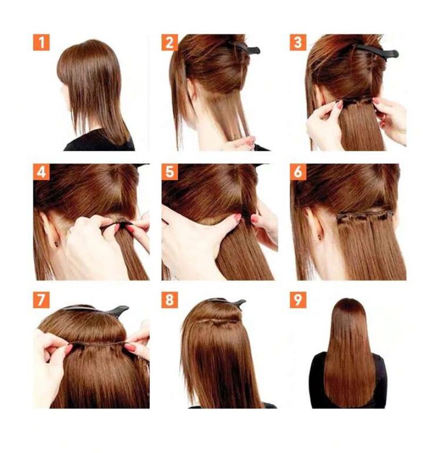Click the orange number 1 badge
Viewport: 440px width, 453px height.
point(41,43)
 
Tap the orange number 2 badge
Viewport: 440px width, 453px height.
point(170,43)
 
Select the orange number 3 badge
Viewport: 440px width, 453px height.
point(298,43)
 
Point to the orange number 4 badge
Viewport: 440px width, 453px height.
point(41,172)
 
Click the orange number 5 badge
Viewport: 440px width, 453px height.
point(170,172)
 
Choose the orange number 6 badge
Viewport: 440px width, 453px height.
point(298,172)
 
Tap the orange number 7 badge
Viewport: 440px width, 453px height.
point(41,300)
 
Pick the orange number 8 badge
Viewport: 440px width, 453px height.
point(170,300)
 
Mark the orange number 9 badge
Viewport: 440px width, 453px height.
point(298,300)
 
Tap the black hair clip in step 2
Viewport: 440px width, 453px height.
point(245,48)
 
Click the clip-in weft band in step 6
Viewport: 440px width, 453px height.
point(365,216)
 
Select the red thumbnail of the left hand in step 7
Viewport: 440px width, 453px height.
point(69,349)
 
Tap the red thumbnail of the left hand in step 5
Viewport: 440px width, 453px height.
point(237,217)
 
